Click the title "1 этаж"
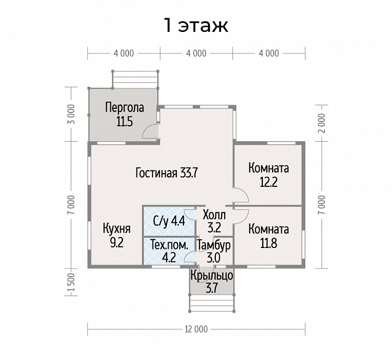coord(196,25)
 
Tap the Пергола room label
coord(124,108)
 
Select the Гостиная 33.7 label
coord(167,173)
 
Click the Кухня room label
coord(117,229)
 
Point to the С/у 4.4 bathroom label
coord(169,221)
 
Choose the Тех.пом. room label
coord(169,245)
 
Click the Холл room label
coord(214,215)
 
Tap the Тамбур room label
coord(214,245)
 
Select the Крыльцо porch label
coord(212,276)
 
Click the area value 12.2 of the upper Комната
coord(269,182)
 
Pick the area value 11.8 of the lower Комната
coord(269,243)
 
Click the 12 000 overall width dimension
coord(197,329)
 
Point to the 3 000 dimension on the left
coord(71,114)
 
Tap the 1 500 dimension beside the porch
coord(71,282)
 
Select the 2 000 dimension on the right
coord(323,123)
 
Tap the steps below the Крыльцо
coord(212,303)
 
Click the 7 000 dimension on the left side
coord(71,205)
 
